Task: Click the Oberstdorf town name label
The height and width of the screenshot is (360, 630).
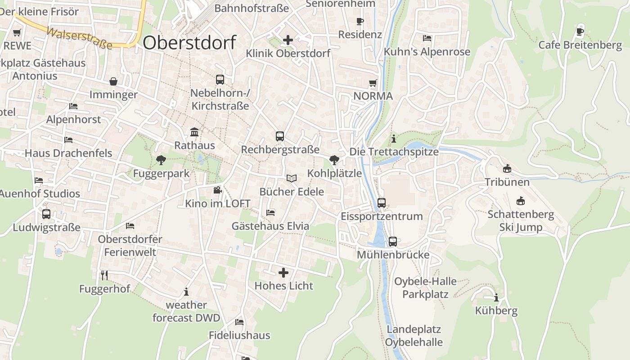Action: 189,43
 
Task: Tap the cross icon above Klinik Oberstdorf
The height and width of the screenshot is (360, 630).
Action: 288,40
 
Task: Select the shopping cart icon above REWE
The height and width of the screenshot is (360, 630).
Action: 17,32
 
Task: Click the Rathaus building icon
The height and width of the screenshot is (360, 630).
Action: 194,132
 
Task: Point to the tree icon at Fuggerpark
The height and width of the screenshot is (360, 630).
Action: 161,160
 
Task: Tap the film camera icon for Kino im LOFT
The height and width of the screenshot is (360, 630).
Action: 217,190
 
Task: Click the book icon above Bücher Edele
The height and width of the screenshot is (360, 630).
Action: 292,178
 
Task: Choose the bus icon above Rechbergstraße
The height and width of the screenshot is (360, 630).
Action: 280,136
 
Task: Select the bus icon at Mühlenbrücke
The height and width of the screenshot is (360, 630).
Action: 393,242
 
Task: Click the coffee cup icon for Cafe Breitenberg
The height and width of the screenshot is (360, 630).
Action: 580,31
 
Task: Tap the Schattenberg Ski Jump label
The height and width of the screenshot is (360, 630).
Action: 521,220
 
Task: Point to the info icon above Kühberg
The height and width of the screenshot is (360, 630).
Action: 496,297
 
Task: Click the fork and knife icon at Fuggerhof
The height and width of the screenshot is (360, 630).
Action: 104,275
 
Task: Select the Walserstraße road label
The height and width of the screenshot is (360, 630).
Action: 79,39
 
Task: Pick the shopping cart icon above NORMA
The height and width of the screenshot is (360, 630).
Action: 373,83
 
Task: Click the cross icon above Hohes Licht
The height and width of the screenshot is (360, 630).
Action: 283,272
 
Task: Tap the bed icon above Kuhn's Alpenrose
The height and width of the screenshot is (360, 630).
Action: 427,38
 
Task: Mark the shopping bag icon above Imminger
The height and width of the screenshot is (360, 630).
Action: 113,81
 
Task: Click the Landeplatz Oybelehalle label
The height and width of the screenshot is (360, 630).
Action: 414,336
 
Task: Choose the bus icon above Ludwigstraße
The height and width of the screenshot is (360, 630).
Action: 46,214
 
